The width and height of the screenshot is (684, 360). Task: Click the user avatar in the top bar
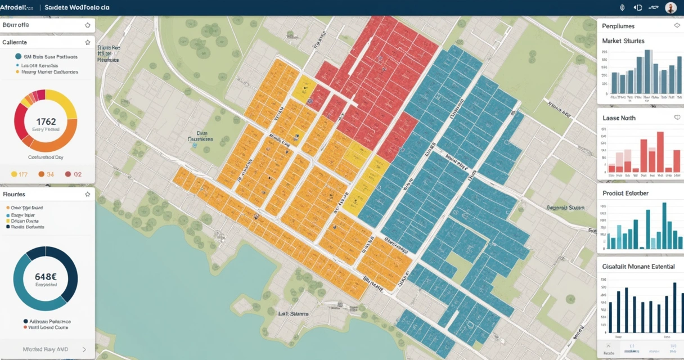coord(670,7)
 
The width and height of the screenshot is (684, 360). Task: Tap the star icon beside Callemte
coord(87,42)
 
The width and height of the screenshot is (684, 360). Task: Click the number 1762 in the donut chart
coord(46,121)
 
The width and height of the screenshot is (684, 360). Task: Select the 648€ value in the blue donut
coord(46,277)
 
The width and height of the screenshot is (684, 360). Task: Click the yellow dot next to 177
coord(14,174)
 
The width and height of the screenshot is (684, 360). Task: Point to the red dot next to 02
coord(68,174)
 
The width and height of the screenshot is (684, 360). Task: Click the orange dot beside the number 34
coord(41,174)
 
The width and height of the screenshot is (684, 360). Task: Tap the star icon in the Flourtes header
coord(87,194)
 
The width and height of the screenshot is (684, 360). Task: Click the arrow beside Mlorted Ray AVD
coord(84,349)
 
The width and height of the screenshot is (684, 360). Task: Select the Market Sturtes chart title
coord(623,41)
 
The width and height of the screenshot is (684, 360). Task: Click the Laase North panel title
coord(619,118)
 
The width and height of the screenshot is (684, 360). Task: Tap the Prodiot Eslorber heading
coord(625,193)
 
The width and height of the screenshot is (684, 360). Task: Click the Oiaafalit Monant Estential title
coord(638,266)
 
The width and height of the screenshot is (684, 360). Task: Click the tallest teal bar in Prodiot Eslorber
coord(664,226)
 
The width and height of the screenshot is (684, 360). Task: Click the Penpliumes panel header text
coord(618,26)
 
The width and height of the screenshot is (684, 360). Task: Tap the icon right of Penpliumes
coord(677,26)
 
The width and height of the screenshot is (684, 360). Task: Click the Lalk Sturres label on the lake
coord(293,314)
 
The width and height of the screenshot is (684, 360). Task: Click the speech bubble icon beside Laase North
coord(677,118)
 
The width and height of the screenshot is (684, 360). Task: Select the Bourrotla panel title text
coord(16,25)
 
